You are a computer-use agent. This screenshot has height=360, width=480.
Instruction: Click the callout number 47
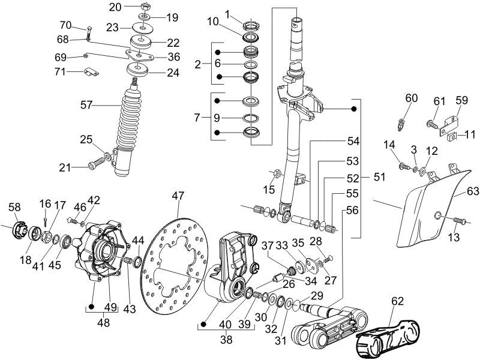178,197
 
